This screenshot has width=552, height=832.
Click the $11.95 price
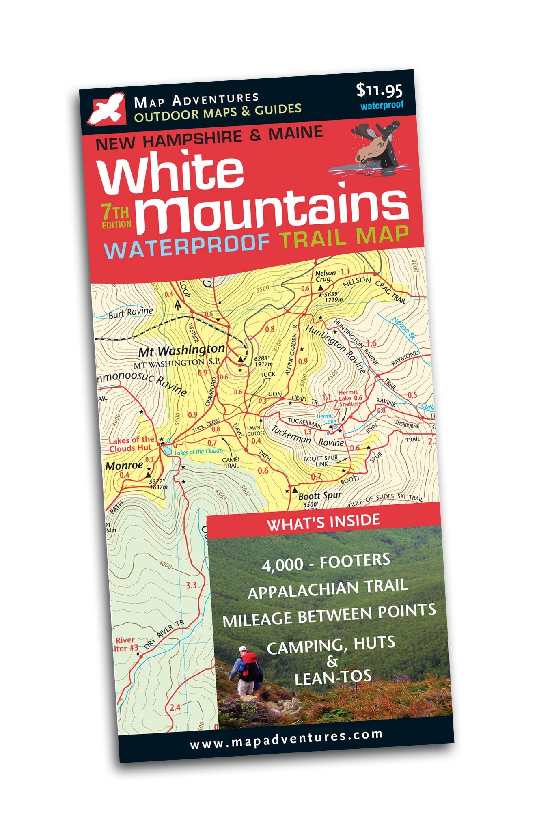(x=379, y=91)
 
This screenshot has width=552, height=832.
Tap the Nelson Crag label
(x=326, y=276)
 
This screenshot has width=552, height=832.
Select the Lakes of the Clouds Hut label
(x=131, y=444)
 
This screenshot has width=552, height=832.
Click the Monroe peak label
(x=124, y=466)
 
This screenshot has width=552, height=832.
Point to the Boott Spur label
(x=319, y=496)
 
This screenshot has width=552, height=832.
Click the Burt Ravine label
(x=131, y=313)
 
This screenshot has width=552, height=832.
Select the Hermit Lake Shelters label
(x=349, y=398)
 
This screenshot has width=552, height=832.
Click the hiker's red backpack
(x=248, y=666)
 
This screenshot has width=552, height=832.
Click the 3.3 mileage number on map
(x=191, y=585)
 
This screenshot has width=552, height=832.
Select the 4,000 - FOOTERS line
(x=326, y=563)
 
